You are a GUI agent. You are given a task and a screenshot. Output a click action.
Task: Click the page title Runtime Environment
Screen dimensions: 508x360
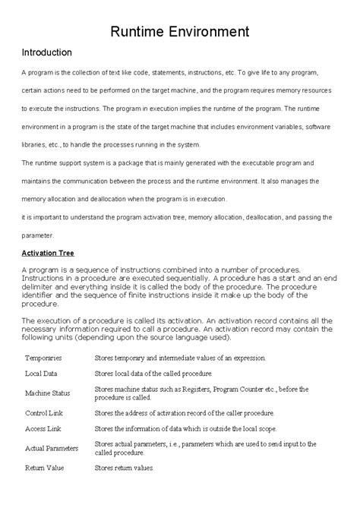179,31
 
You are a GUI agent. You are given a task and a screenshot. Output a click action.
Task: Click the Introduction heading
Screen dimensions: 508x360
46,53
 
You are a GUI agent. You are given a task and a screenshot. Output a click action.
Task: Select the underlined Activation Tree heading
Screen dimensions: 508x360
58,252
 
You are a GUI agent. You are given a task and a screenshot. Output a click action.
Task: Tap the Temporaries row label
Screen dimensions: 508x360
43,357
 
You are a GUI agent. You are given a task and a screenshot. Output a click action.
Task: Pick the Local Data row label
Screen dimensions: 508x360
43,374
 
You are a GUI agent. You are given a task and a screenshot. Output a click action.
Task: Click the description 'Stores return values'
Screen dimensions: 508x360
124,469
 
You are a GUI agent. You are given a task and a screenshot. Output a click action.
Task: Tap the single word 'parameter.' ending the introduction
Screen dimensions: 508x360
37,235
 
